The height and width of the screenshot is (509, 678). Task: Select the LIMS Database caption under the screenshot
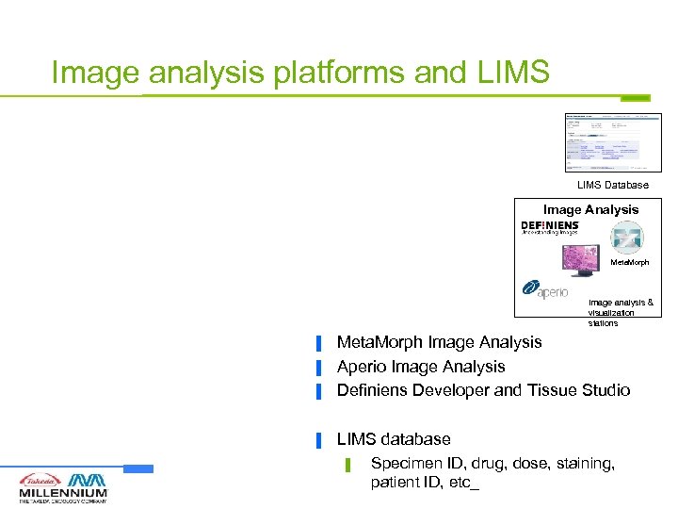click(x=613, y=185)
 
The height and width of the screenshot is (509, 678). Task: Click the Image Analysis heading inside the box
click(x=590, y=210)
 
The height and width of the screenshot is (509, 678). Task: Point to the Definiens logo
click(x=550, y=229)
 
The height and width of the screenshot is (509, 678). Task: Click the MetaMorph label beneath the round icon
click(x=630, y=262)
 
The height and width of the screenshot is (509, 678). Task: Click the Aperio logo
click(x=545, y=290)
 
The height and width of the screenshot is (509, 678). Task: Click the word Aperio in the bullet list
click(x=363, y=367)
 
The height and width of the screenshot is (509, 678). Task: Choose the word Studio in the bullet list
click(x=605, y=390)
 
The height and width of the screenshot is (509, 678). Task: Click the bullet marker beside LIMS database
click(x=320, y=440)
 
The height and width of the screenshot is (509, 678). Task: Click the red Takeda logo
click(x=40, y=479)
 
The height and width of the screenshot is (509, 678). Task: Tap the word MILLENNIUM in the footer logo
click(x=63, y=493)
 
